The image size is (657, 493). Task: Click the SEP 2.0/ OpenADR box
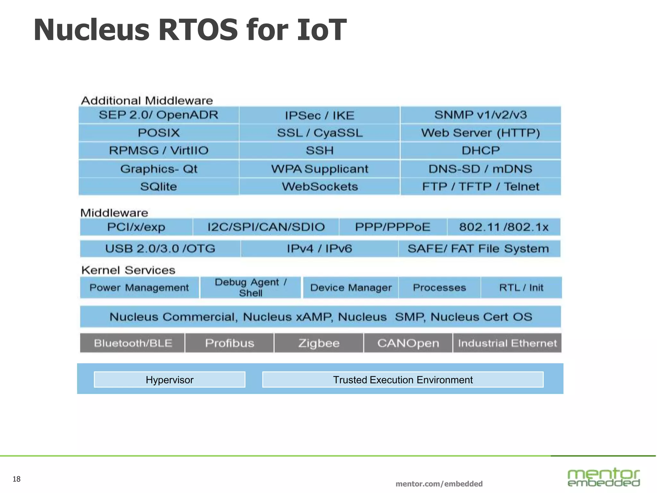(x=158, y=115)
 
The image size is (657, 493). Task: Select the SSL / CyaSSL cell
(x=320, y=133)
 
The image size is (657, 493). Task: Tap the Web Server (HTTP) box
(x=481, y=133)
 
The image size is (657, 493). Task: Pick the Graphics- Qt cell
(x=158, y=169)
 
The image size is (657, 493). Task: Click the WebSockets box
(x=320, y=186)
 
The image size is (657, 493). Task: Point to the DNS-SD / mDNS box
(x=481, y=169)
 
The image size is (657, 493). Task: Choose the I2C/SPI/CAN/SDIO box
(x=266, y=227)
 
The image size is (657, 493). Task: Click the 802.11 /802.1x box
(x=504, y=227)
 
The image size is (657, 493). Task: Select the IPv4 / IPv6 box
(x=319, y=248)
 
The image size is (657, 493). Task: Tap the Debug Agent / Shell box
(x=251, y=288)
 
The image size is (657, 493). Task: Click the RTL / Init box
(x=521, y=288)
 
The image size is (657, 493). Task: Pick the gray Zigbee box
(x=319, y=343)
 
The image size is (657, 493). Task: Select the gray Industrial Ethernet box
(x=507, y=343)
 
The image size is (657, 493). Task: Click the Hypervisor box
(x=169, y=380)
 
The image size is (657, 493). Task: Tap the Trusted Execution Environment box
(x=403, y=380)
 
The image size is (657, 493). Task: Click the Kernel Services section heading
(x=128, y=270)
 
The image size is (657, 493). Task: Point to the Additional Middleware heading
(x=147, y=100)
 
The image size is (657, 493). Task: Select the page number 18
(x=16, y=479)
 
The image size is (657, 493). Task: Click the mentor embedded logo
(x=603, y=477)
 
